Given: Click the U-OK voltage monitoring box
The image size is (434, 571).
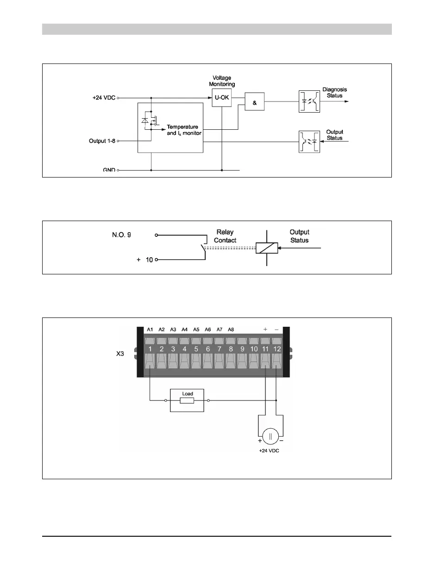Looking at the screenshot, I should (x=222, y=98).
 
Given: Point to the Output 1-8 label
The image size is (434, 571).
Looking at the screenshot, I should (x=102, y=140).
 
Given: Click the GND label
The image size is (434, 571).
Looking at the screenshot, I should (x=109, y=170).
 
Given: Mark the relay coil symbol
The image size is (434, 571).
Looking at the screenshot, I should (x=267, y=248).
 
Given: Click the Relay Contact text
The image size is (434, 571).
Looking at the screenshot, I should (x=225, y=236).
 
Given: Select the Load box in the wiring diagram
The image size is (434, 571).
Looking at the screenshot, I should (x=187, y=400).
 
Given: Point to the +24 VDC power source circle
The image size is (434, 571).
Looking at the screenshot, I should (x=270, y=436).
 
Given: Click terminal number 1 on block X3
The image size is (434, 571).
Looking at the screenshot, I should (x=150, y=348).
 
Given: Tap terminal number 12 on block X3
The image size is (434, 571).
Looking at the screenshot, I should (x=277, y=348).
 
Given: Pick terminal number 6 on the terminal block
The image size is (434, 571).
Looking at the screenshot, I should (x=208, y=348).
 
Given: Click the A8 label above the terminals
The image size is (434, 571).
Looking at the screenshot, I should (x=231, y=330).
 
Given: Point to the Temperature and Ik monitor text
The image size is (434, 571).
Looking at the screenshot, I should (x=183, y=130).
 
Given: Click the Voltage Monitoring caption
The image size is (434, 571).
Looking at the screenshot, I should (x=222, y=81).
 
